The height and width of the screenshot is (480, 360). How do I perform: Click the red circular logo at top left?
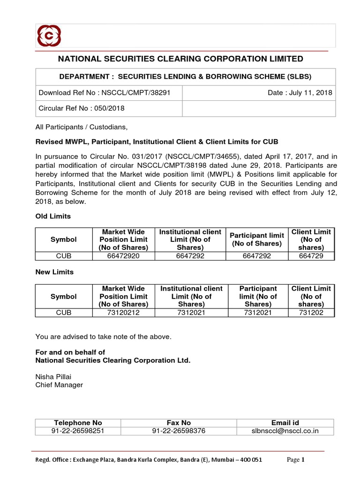point(49,36)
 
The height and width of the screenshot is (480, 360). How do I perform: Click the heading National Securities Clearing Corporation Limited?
point(180,59)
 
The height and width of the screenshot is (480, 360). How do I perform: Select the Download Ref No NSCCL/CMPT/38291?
point(104,92)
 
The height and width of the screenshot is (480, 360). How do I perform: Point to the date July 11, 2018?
point(300,92)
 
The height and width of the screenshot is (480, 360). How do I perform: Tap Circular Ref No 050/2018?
point(82,108)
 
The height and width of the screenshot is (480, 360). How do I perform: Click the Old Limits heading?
point(53,216)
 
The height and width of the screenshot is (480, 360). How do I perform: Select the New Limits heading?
point(55,272)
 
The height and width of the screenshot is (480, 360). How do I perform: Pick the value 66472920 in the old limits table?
point(123,255)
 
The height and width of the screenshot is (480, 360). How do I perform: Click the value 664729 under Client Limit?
point(311,255)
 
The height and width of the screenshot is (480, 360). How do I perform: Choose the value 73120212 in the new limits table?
point(123,312)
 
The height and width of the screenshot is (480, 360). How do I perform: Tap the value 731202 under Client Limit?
point(311,312)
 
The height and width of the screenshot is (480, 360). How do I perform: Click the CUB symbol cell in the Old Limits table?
point(64,255)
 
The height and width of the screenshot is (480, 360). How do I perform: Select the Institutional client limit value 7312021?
point(191,312)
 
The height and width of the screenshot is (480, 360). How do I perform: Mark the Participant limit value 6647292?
point(257,255)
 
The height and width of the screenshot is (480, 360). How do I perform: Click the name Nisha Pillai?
point(54,377)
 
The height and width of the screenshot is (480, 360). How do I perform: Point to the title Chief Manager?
point(59,385)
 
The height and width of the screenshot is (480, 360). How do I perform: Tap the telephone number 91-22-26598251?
point(78,431)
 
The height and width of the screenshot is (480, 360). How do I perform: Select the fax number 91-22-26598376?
point(179,431)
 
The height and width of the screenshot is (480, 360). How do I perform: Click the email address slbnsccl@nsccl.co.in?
point(285,431)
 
